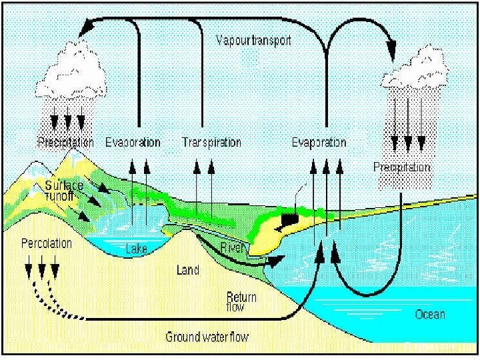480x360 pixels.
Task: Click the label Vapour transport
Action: [254, 40]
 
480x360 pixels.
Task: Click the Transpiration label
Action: [211, 142]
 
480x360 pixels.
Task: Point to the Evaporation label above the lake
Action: [133, 142]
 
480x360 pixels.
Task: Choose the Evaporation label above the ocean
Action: [319, 142]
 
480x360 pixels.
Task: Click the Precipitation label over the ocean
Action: [402, 167]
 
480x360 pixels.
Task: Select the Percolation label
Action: [46, 243]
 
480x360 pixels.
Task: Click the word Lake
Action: [136, 249]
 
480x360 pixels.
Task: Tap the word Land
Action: [188, 271]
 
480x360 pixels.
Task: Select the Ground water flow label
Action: [207, 337]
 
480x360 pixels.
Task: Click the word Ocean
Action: [430, 314]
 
